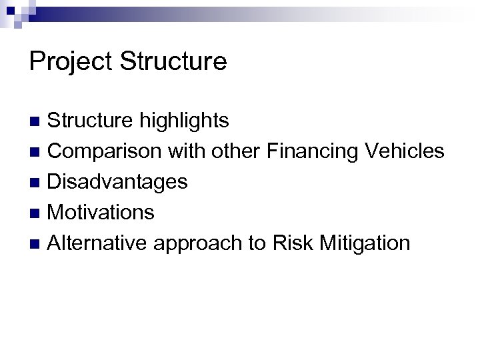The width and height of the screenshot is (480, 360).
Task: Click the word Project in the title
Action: (69, 62)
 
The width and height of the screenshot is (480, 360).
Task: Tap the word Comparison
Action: (104, 151)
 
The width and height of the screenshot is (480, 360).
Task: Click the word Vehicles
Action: (405, 151)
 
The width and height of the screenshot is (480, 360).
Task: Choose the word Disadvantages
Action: (118, 182)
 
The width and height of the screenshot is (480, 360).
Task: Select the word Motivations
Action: (101, 213)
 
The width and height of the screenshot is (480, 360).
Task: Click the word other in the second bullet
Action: (238, 151)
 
